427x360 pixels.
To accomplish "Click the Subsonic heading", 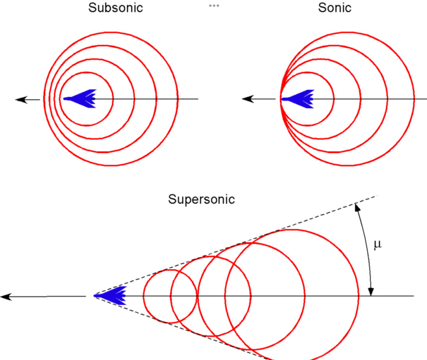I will point(116,8).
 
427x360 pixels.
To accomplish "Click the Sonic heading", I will point(335,8).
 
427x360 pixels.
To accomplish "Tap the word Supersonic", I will point(201,199).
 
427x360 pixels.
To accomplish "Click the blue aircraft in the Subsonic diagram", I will point(81,99).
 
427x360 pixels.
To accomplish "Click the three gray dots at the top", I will point(213,6).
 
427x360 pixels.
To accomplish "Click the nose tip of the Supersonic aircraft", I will point(94,296).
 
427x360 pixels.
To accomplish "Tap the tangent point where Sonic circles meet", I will point(281,99).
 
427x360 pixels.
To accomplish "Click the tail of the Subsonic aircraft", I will point(95,99).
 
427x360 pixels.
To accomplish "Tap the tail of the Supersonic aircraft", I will point(125,296).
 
